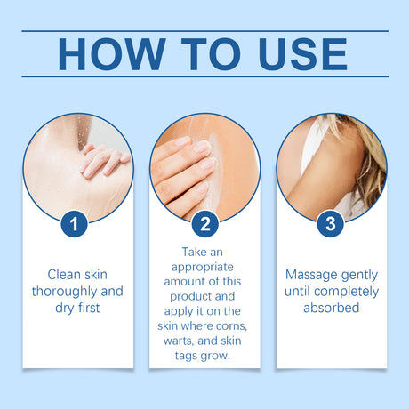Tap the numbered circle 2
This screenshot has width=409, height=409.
(205, 223)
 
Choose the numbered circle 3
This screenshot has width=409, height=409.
(331, 223)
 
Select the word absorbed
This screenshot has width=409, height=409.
(332, 308)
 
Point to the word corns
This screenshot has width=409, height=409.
(235, 325)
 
